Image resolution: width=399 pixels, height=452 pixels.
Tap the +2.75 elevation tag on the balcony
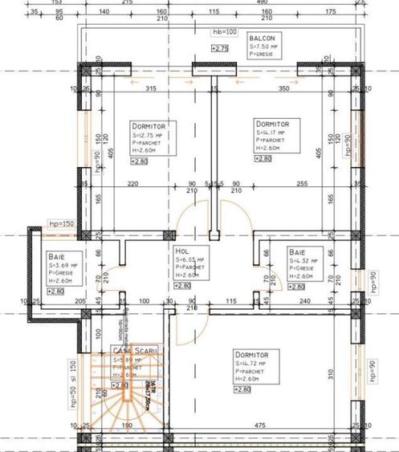click(220, 49)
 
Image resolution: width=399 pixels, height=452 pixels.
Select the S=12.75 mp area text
click(149, 136)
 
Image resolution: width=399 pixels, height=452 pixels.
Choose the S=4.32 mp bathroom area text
click(306, 260)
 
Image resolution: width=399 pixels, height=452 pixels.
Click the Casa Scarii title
click(128, 351)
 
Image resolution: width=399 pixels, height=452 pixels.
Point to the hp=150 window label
click(60, 224)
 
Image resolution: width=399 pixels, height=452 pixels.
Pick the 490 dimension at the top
click(262, 2)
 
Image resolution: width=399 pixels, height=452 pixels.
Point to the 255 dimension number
click(301, 185)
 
